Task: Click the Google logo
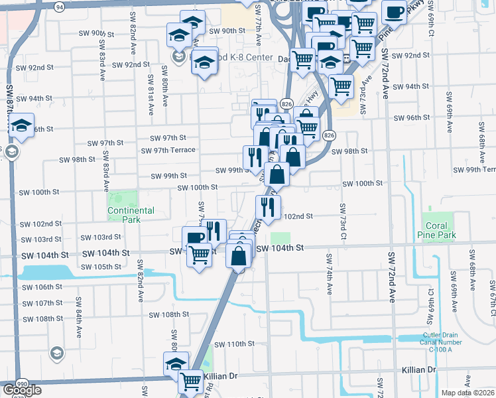coord(23,390)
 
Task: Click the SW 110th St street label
coord(233,344)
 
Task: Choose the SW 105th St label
coord(100,267)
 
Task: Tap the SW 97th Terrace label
coord(168,150)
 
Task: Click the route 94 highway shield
coord(60,7)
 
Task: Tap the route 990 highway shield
coord(22,384)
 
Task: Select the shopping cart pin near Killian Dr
coord(191,381)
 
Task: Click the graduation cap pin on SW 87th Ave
coord(22,125)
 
